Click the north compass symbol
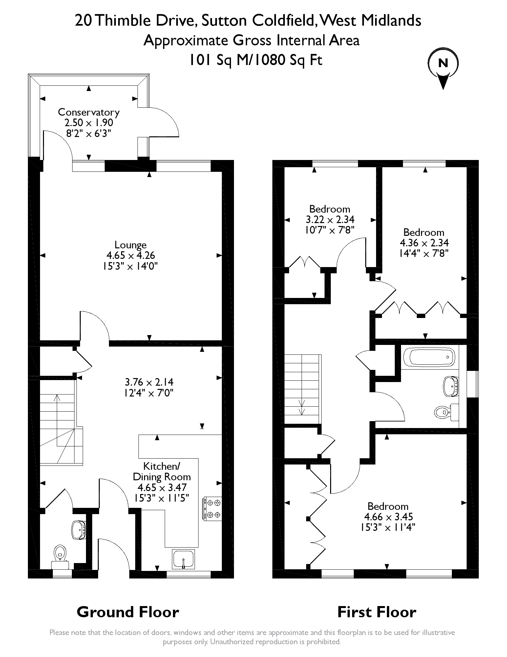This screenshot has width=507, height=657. coord(443,67)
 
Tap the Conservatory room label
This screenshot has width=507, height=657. coord(89,112)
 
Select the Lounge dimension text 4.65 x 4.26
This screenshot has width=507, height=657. coord(131,255)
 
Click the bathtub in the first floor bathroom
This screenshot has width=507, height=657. coord(428,357)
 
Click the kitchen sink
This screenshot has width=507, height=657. coord(183,559)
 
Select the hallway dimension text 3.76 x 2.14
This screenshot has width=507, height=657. coord(149,382)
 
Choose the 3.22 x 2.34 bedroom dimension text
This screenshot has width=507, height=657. coord(330,219)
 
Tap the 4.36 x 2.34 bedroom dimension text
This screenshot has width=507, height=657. coord(424,243)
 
